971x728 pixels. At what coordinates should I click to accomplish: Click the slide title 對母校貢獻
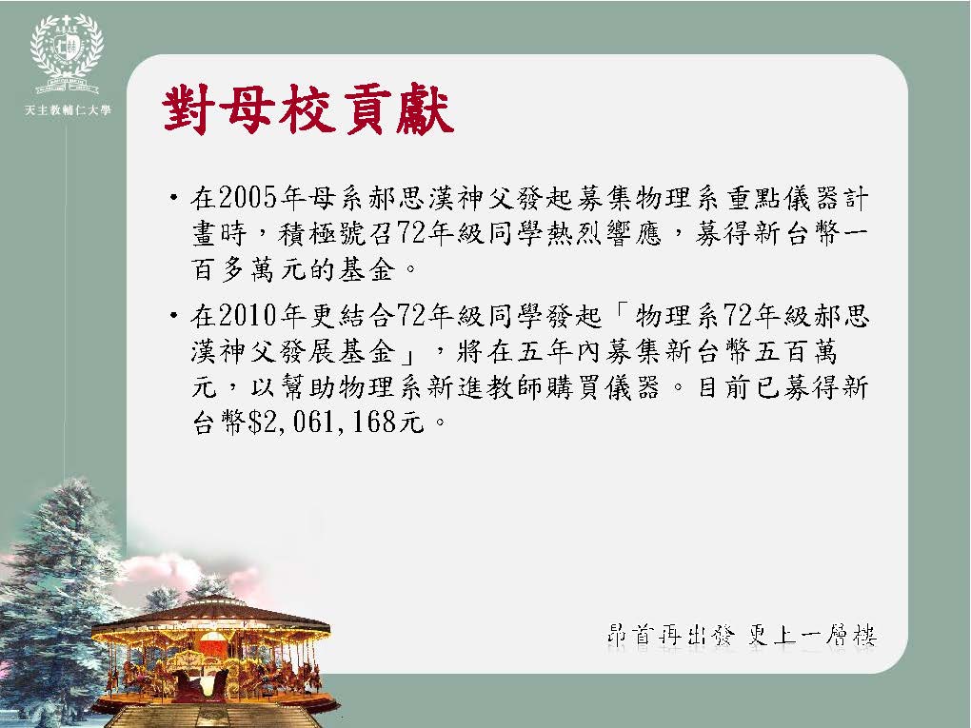click(x=307, y=109)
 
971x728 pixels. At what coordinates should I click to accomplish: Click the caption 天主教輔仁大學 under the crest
click(x=68, y=110)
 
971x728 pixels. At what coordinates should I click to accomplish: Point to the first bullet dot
click(x=174, y=198)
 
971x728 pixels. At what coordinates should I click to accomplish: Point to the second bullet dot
click(x=174, y=316)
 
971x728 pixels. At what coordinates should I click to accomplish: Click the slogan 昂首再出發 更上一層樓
click(x=742, y=635)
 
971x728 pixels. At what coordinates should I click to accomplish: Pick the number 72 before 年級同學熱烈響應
click(x=411, y=233)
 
